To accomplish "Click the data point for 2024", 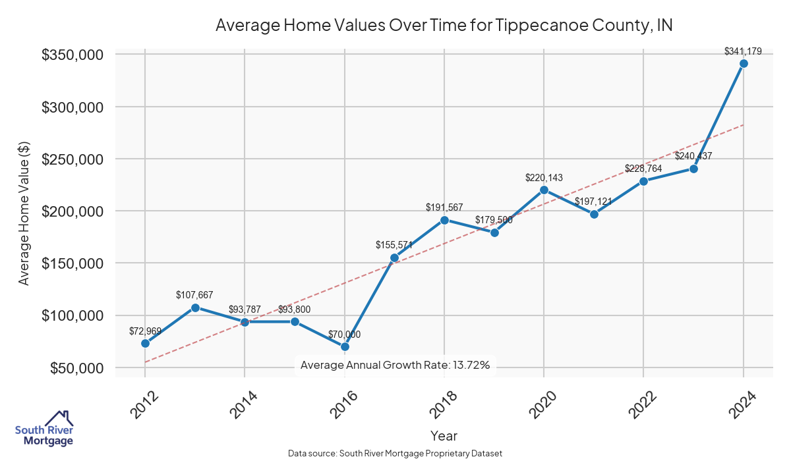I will (x=744, y=64).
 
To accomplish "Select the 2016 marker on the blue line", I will (x=345, y=346).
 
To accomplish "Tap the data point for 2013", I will (x=195, y=308).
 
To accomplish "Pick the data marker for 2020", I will (x=544, y=190).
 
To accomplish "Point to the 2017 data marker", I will (x=394, y=258).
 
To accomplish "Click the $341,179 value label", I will (x=743, y=51).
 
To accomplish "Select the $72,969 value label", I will (x=145, y=331).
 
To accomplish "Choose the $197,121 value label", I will (x=594, y=201).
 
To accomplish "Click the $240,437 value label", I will (x=693, y=156).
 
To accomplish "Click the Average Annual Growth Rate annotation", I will (x=395, y=365).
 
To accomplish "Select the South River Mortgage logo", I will (x=44, y=429).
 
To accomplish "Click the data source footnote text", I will (x=395, y=453).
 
